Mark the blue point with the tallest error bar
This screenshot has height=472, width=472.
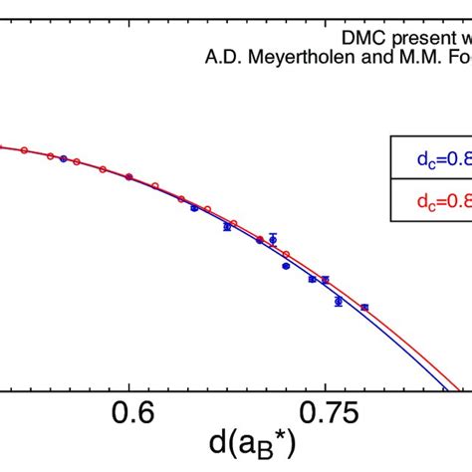pyautogui.click(x=273, y=239)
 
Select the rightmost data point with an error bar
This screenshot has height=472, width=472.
pyautogui.click(x=364, y=308)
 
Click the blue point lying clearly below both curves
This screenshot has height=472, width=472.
pyautogui.click(x=287, y=266)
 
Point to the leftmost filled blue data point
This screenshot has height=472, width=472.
pyautogui.click(x=64, y=158)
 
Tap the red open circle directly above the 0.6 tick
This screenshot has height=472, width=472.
pyautogui.click(x=129, y=176)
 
